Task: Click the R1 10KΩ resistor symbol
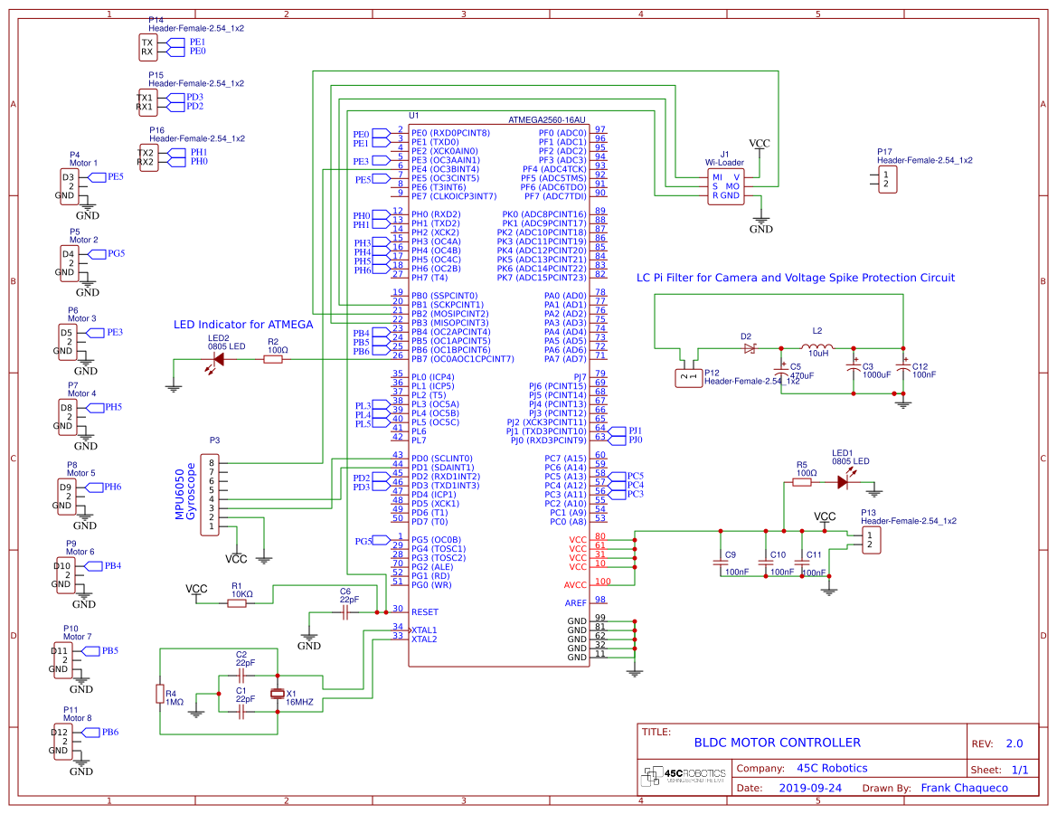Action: (x=237, y=603)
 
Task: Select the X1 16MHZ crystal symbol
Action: (x=277, y=695)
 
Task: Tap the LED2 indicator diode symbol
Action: (x=217, y=359)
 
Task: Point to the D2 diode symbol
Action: (x=749, y=347)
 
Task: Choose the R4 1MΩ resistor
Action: (x=160, y=694)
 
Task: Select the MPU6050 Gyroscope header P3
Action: (x=211, y=495)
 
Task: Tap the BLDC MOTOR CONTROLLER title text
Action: (x=777, y=743)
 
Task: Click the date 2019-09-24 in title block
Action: (x=810, y=788)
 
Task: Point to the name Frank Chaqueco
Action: (x=964, y=788)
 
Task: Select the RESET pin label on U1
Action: (x=424, y=612)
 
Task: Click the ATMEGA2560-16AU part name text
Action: (x=547, y=118)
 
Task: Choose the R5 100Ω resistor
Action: (x=801, y=482)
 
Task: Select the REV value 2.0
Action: (x=1014, y=743)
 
